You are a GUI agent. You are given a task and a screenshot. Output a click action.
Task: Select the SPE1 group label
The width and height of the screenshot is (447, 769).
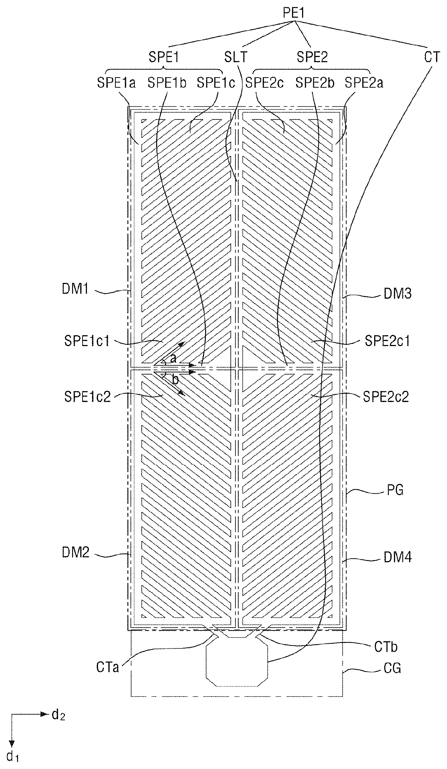coord(164,57)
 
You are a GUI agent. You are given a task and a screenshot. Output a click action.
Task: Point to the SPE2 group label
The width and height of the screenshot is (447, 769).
coord(312,57)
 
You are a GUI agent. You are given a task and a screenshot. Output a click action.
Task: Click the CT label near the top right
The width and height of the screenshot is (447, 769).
coord(431,57)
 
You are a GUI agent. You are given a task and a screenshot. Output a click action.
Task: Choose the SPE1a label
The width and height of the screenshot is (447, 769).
coord(116,83)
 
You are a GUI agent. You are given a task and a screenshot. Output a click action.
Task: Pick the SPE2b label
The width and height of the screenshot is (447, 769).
coord(315,83)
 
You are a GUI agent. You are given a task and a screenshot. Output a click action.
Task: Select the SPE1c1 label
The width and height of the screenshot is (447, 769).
coord(87,341)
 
